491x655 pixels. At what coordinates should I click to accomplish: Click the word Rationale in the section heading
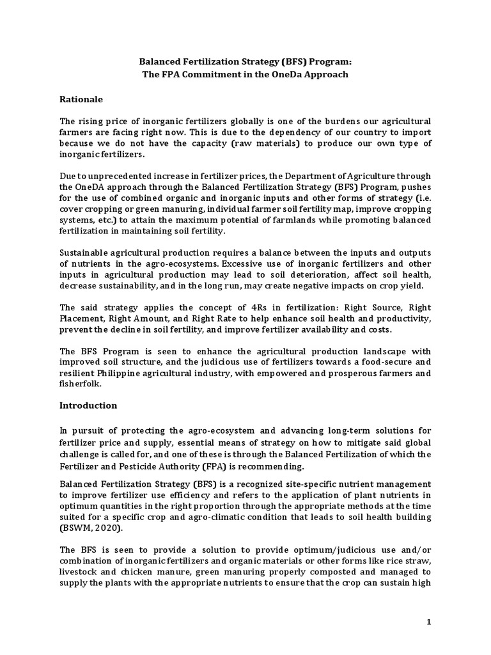point(81,100)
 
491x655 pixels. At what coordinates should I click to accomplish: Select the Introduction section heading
point(88,405)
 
